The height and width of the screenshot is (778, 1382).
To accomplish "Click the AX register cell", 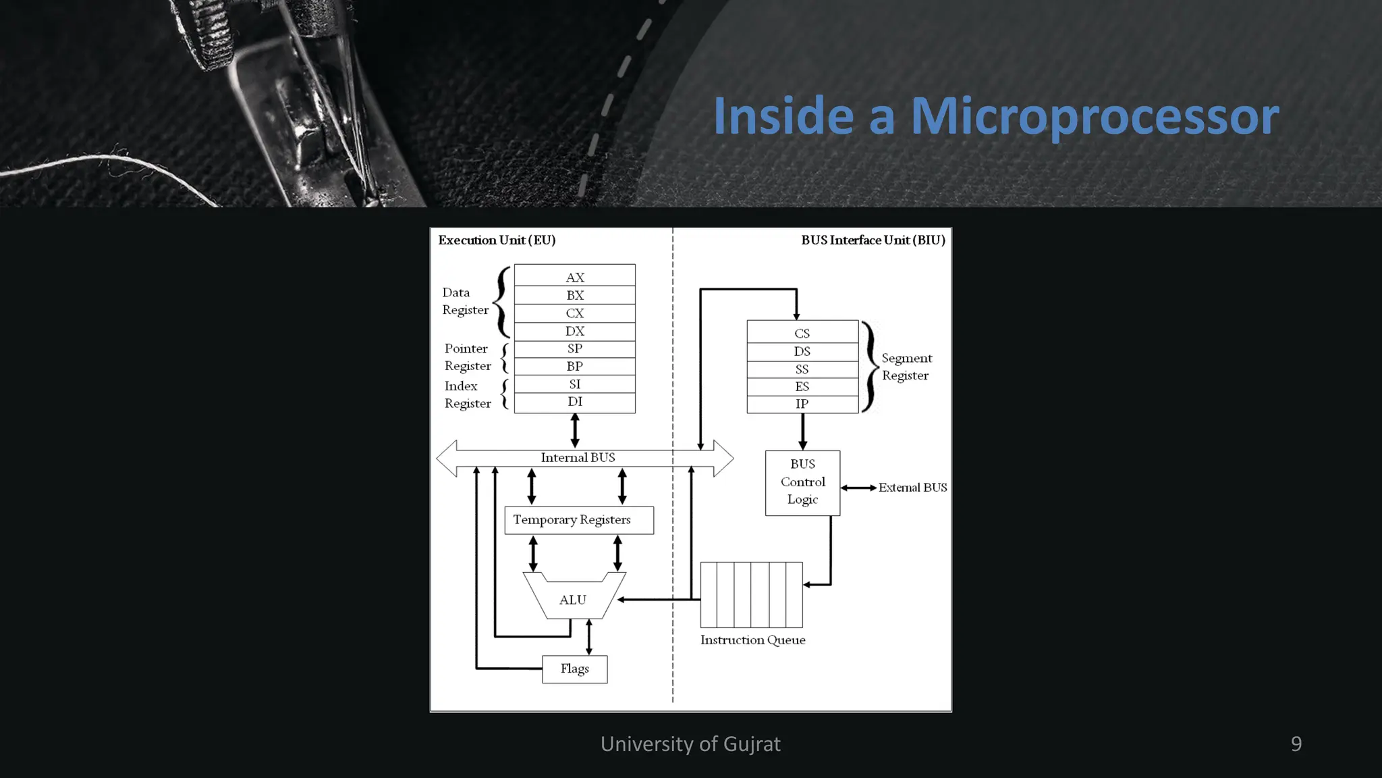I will [x=574, y=277].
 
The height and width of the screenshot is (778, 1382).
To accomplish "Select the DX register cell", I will [x=574, y=331].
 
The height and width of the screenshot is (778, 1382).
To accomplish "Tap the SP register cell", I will [x=574, y=348].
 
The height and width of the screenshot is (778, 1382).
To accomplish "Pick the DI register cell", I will [x=574, y=402].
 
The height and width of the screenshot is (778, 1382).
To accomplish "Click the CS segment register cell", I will [x=802, y=333].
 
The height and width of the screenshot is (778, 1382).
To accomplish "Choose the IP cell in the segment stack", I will [x=802, y=404].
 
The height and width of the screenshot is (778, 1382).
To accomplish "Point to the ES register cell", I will [x=802, y=386].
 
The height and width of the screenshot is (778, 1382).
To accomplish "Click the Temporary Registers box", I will [x=578, y=520].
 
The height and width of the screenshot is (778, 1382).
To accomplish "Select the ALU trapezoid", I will [x=574, y=599].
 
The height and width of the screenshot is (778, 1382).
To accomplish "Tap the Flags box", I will [x=574, y=669].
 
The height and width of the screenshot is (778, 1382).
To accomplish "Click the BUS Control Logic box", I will [x=802, y=482].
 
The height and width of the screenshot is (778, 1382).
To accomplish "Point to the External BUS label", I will [x=912, y=488].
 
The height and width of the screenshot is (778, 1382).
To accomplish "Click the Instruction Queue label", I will [x=752, y=640].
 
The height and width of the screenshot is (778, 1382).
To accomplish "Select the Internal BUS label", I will [x=578, y=458].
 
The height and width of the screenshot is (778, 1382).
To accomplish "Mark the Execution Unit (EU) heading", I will [x=497, y=240].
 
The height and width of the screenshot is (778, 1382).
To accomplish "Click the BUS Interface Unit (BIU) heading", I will [x=873, y=240].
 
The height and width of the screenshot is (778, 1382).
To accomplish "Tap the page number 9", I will [x=1296, y=744].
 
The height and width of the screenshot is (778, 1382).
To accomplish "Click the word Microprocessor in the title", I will [x=1095, y=116].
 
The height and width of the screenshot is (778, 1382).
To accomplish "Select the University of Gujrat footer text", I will [x=690, y=744].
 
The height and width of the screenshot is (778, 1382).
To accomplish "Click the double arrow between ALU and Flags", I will [x=589, y=637].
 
